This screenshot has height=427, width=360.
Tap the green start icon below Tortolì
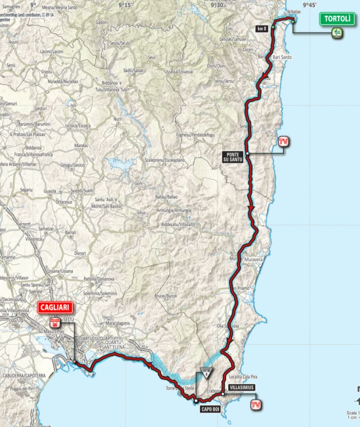click(337, 33)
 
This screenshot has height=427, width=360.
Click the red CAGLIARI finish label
click(54, 308)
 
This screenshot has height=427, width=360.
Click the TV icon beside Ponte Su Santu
click(282, 142)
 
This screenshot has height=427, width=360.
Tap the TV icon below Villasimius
click(254, 405)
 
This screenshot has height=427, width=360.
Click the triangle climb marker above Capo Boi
click(207, 372)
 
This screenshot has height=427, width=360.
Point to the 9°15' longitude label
click(126, 5)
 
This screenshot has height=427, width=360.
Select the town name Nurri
click(118, 119)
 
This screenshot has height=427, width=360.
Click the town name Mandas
click(81, 146)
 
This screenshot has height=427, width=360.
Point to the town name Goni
click(138, 183)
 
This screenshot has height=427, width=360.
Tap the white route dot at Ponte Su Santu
click(248, 153)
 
